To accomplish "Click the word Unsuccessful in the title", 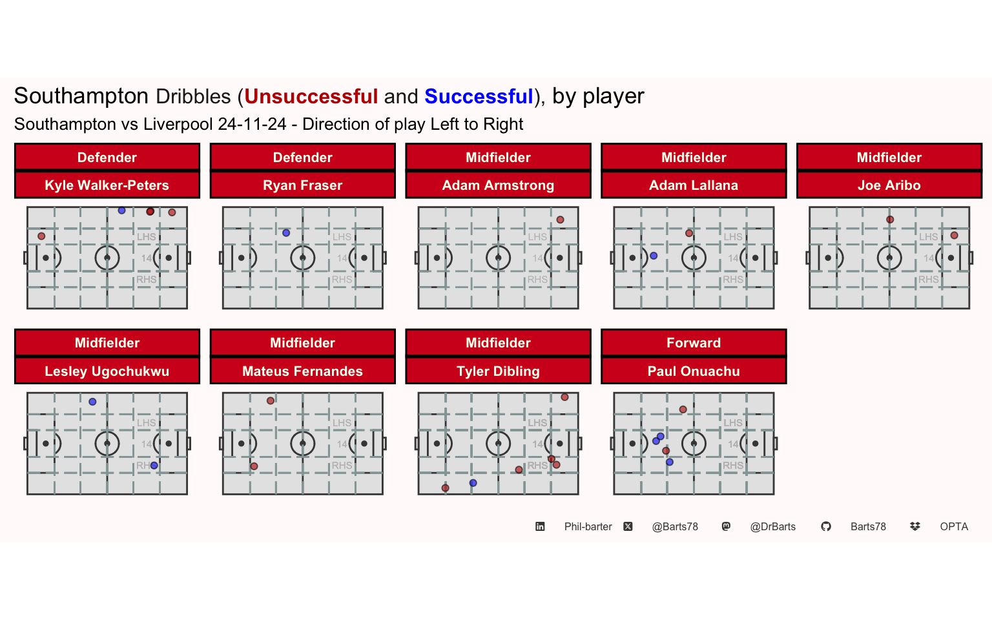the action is (x=311, y=96).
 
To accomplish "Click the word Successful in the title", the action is (x=479, y=96).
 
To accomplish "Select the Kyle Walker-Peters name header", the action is (x=107, y=185).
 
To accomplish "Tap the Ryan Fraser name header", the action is (x=302, y=185).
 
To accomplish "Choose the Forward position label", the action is (x=694, y=343).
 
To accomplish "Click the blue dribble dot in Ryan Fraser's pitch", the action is (x=286, y=233).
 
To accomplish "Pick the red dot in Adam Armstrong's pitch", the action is (x=560, y=220).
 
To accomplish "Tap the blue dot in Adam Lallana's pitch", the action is (x=654, y=256).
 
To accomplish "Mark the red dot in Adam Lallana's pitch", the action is (x=689, y=233).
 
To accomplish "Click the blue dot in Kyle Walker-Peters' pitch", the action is (x=122, y=211).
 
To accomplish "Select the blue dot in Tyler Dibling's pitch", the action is (x=473, y=482).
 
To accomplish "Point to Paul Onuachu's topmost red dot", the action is (x=683, y=409).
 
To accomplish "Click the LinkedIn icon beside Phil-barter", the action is (x=540, y=526).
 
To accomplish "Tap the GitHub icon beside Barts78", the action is (x=826, y=526).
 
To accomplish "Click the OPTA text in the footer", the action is (x=954, y=526).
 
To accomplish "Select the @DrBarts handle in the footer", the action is (x=773, y=526).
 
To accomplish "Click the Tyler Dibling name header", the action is (x=498, y=371).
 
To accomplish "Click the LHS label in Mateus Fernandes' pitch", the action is (x=342, y=423).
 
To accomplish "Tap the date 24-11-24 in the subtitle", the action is (x=252, y=124).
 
